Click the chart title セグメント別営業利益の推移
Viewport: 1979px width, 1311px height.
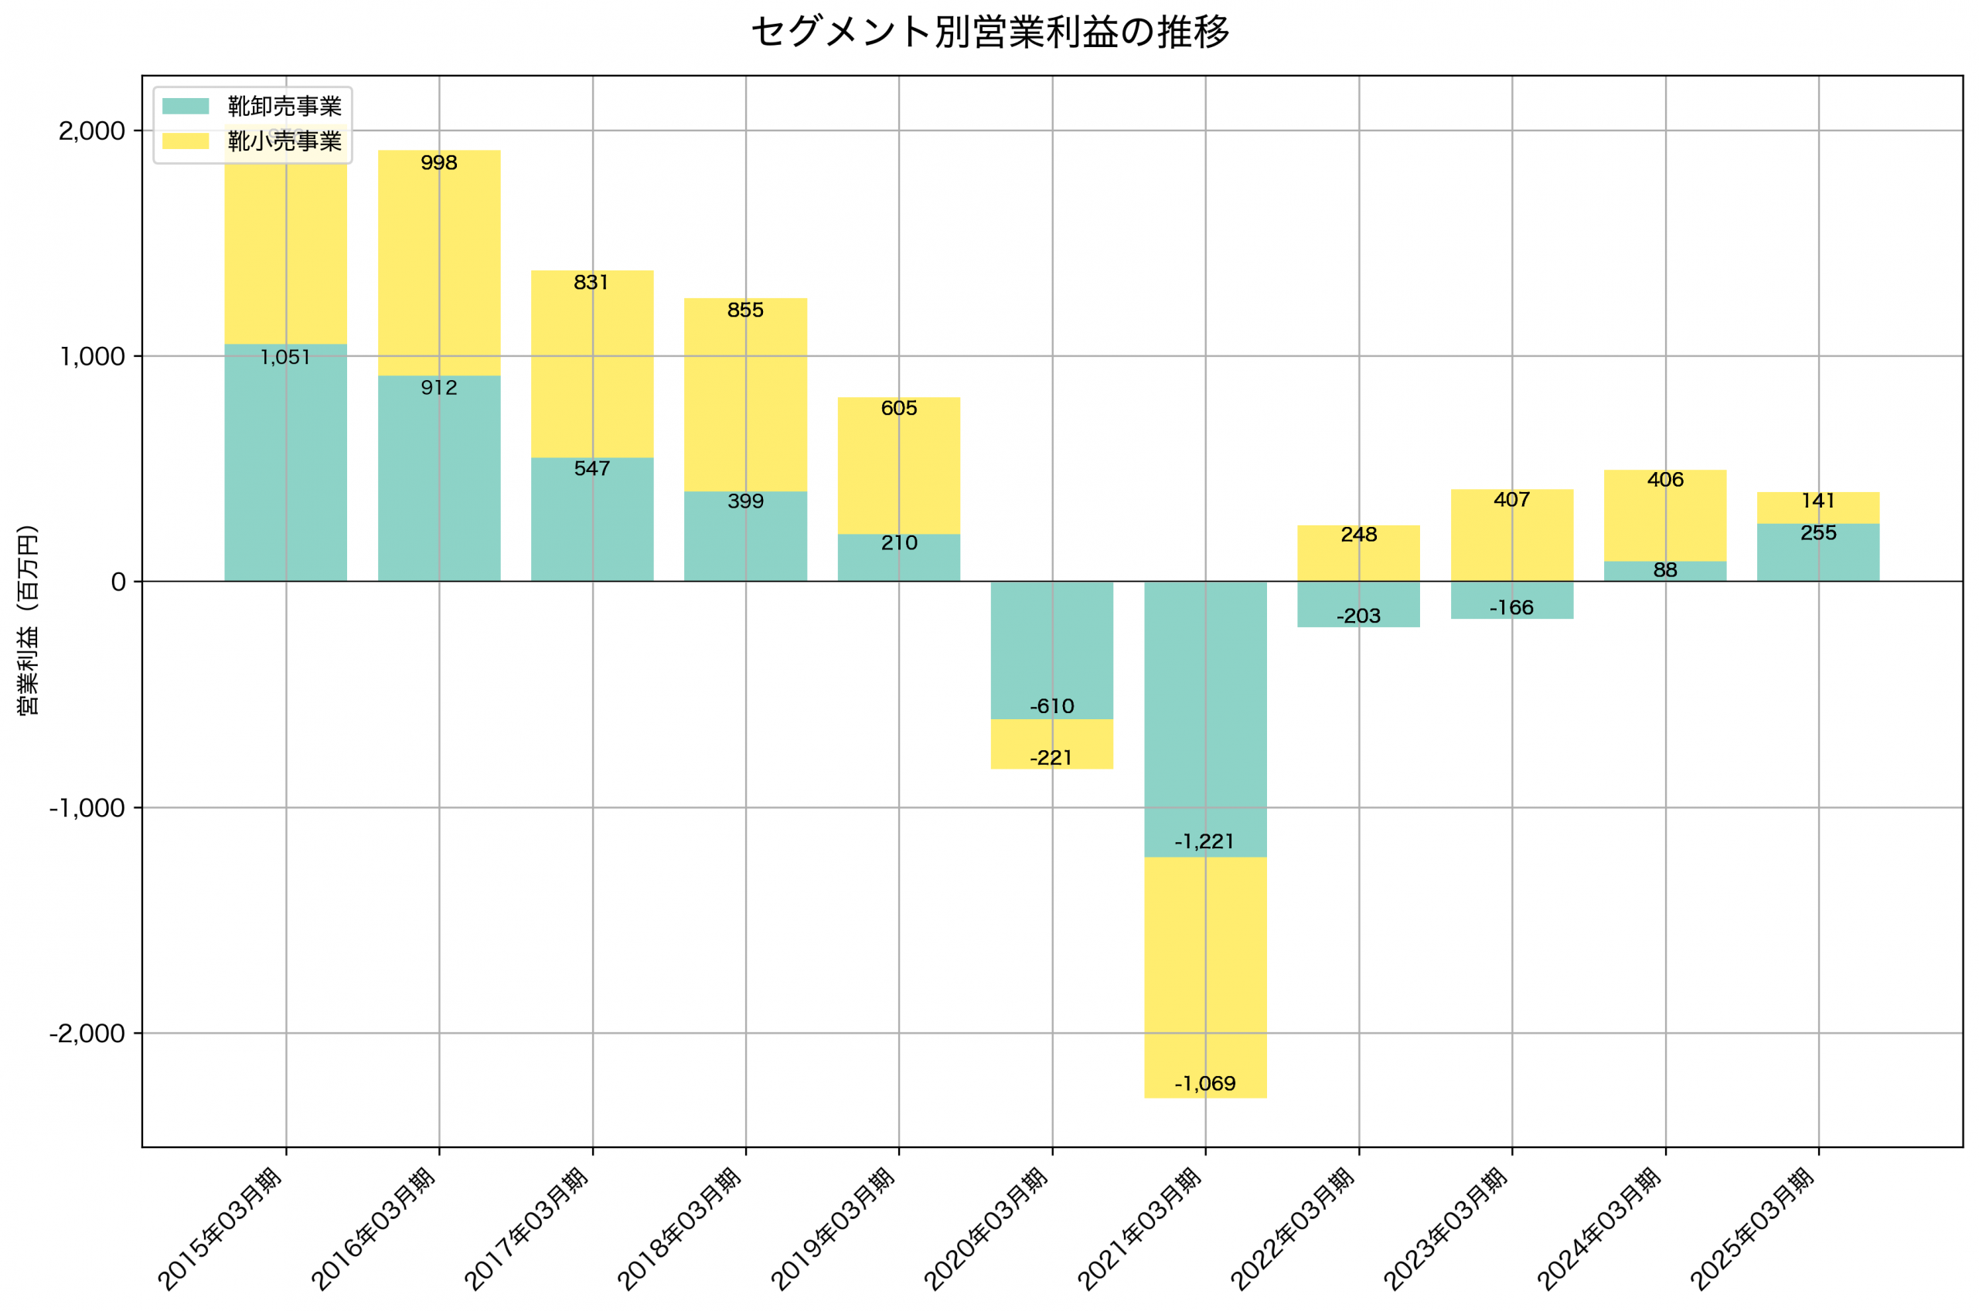989,32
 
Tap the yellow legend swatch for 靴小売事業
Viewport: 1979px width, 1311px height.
185,141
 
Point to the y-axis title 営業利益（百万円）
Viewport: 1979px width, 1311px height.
28,620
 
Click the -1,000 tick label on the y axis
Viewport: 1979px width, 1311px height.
87,807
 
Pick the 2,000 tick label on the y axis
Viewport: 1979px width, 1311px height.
91,131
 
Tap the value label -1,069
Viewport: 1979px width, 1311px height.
1204,1084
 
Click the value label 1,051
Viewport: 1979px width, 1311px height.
285,358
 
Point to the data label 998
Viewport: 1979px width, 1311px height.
438,163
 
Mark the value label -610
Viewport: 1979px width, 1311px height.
1051,707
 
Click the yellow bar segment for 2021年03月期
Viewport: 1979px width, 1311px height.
1204,970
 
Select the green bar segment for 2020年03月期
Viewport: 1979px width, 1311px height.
1051,644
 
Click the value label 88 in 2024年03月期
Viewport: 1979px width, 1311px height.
1664,570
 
